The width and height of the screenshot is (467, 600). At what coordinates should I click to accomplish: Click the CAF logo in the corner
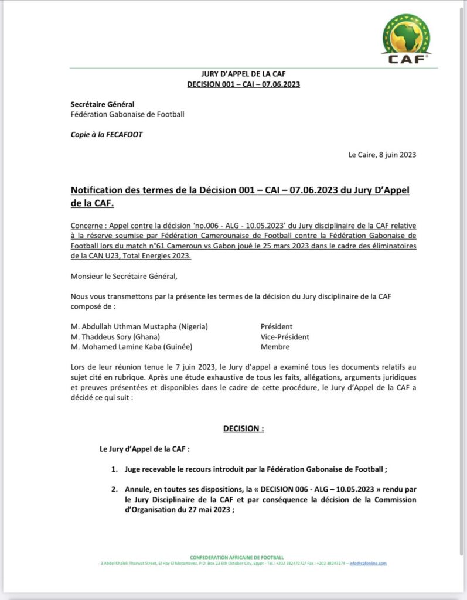(x=405, y=39)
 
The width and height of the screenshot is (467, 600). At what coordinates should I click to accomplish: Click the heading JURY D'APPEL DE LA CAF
(x=243, y=74)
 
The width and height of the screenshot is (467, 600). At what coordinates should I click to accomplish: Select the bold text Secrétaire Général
(x=103, y=104)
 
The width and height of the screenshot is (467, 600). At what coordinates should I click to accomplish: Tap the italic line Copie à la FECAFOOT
(x=107, y=134)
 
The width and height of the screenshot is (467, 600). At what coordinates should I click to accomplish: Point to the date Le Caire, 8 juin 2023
(x=382, y=155)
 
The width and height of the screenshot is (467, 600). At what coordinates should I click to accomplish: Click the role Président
(x=277, y=326)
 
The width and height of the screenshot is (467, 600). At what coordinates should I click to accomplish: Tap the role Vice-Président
(x=285, y=337)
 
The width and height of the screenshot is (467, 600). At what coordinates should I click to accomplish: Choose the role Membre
(x=275, y=347)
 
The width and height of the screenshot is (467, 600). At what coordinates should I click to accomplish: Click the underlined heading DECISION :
(x=243, y=429)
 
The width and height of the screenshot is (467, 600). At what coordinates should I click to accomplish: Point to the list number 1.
(x=115, y=469)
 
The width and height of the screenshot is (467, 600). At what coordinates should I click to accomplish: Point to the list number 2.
(x=115, y=489)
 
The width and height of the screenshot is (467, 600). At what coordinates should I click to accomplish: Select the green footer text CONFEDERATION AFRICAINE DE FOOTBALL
(x=237, y=557)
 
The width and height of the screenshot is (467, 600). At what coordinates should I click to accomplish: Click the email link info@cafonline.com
(x=368, y=564)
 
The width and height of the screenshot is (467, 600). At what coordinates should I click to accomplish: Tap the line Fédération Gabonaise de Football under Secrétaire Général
(x=127, y=114)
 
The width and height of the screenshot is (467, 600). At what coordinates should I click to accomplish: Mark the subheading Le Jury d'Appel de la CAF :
(x=144, y=449)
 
